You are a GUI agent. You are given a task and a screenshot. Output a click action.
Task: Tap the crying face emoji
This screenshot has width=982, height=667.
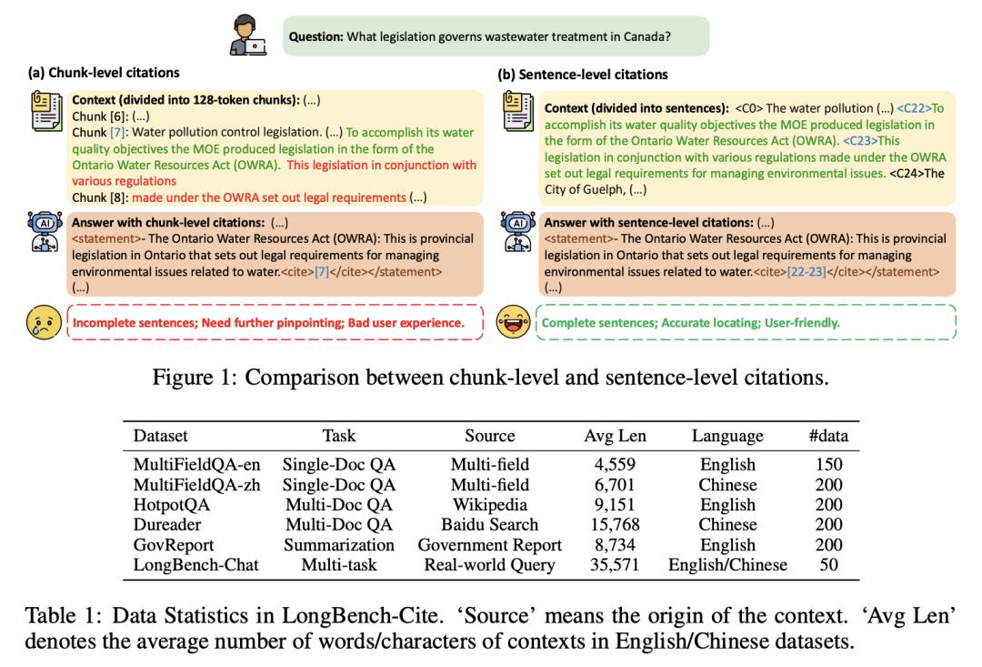pos(43,321)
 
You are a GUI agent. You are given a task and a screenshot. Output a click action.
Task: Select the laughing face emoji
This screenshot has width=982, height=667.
pos(513,321)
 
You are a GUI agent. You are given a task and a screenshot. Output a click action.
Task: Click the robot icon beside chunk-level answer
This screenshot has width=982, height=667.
pos(45,231)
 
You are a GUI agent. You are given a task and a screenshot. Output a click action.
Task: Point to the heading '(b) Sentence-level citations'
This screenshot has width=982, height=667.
pos(583,74)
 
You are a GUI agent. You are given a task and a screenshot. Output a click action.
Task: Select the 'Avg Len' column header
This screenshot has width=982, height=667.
pos(615,436)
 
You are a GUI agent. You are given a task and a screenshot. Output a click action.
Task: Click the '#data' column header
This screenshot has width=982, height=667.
pos(828,436)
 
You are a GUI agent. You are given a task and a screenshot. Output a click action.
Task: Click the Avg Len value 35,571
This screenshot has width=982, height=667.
pos(615,565)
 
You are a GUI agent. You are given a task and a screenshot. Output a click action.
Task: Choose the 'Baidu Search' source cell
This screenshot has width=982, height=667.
pos(489,525)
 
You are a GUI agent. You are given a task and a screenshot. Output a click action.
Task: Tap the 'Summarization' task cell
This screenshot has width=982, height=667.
pos(338,545)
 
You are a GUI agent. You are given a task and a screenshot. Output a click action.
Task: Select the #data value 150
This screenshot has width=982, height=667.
pos(828,464)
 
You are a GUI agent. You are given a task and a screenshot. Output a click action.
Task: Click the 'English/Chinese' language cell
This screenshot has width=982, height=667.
pos(727,565)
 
